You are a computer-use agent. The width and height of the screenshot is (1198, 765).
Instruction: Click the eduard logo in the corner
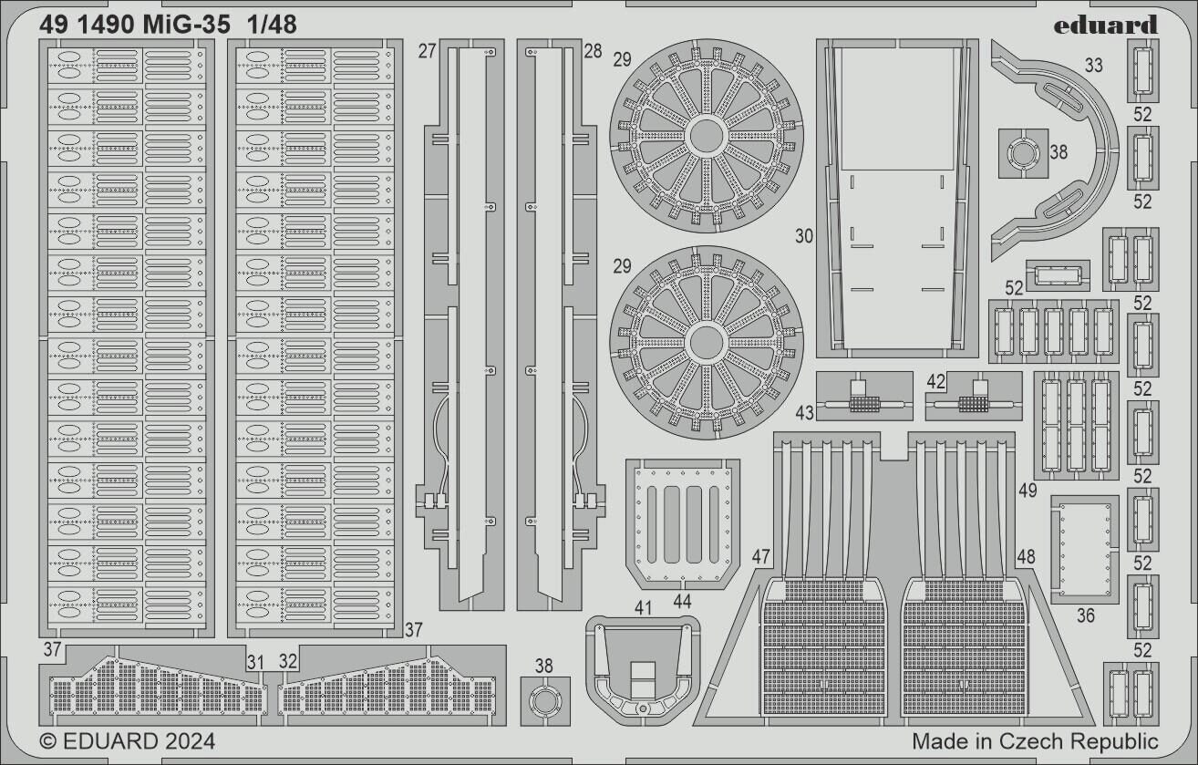(1105, 25)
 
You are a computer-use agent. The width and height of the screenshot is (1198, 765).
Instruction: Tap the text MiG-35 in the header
(187, 26)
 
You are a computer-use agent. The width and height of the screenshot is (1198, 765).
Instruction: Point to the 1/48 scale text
(271, 26)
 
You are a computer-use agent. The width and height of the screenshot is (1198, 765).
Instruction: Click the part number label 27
(427, 51)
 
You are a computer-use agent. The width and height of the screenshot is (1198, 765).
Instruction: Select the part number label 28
(593, 51)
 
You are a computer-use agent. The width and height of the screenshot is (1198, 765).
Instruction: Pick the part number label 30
(803, 236)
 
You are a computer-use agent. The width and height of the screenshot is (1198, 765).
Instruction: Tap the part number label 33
(1093, 65)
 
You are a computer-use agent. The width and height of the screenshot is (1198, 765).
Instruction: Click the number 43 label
(804, 413)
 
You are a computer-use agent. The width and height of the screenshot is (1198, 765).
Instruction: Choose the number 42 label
(935, 381)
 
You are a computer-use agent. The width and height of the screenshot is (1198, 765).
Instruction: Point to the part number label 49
(1028, 491)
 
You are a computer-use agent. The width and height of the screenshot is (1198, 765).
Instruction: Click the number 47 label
(761, 556)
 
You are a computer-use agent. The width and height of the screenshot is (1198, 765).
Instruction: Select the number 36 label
(1085, 615)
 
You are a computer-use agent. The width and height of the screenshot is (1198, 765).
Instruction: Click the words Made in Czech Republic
(1035, 740)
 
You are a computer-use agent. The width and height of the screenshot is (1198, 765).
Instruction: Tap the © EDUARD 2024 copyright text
(128, 740)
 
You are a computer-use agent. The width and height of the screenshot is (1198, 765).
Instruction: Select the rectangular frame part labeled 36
(1085, 549)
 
